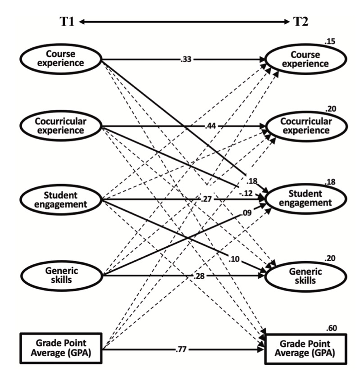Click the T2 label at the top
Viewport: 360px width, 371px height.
[x=300, y=21]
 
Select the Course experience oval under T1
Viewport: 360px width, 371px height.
[x=60, y=59]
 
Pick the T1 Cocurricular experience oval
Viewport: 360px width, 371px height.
[x=60, y=126]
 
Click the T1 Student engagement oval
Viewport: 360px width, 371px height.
[x=60, y=199]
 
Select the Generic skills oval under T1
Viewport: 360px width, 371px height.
[x=60, y=273]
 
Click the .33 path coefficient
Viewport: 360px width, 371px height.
[x=184, y=59]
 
